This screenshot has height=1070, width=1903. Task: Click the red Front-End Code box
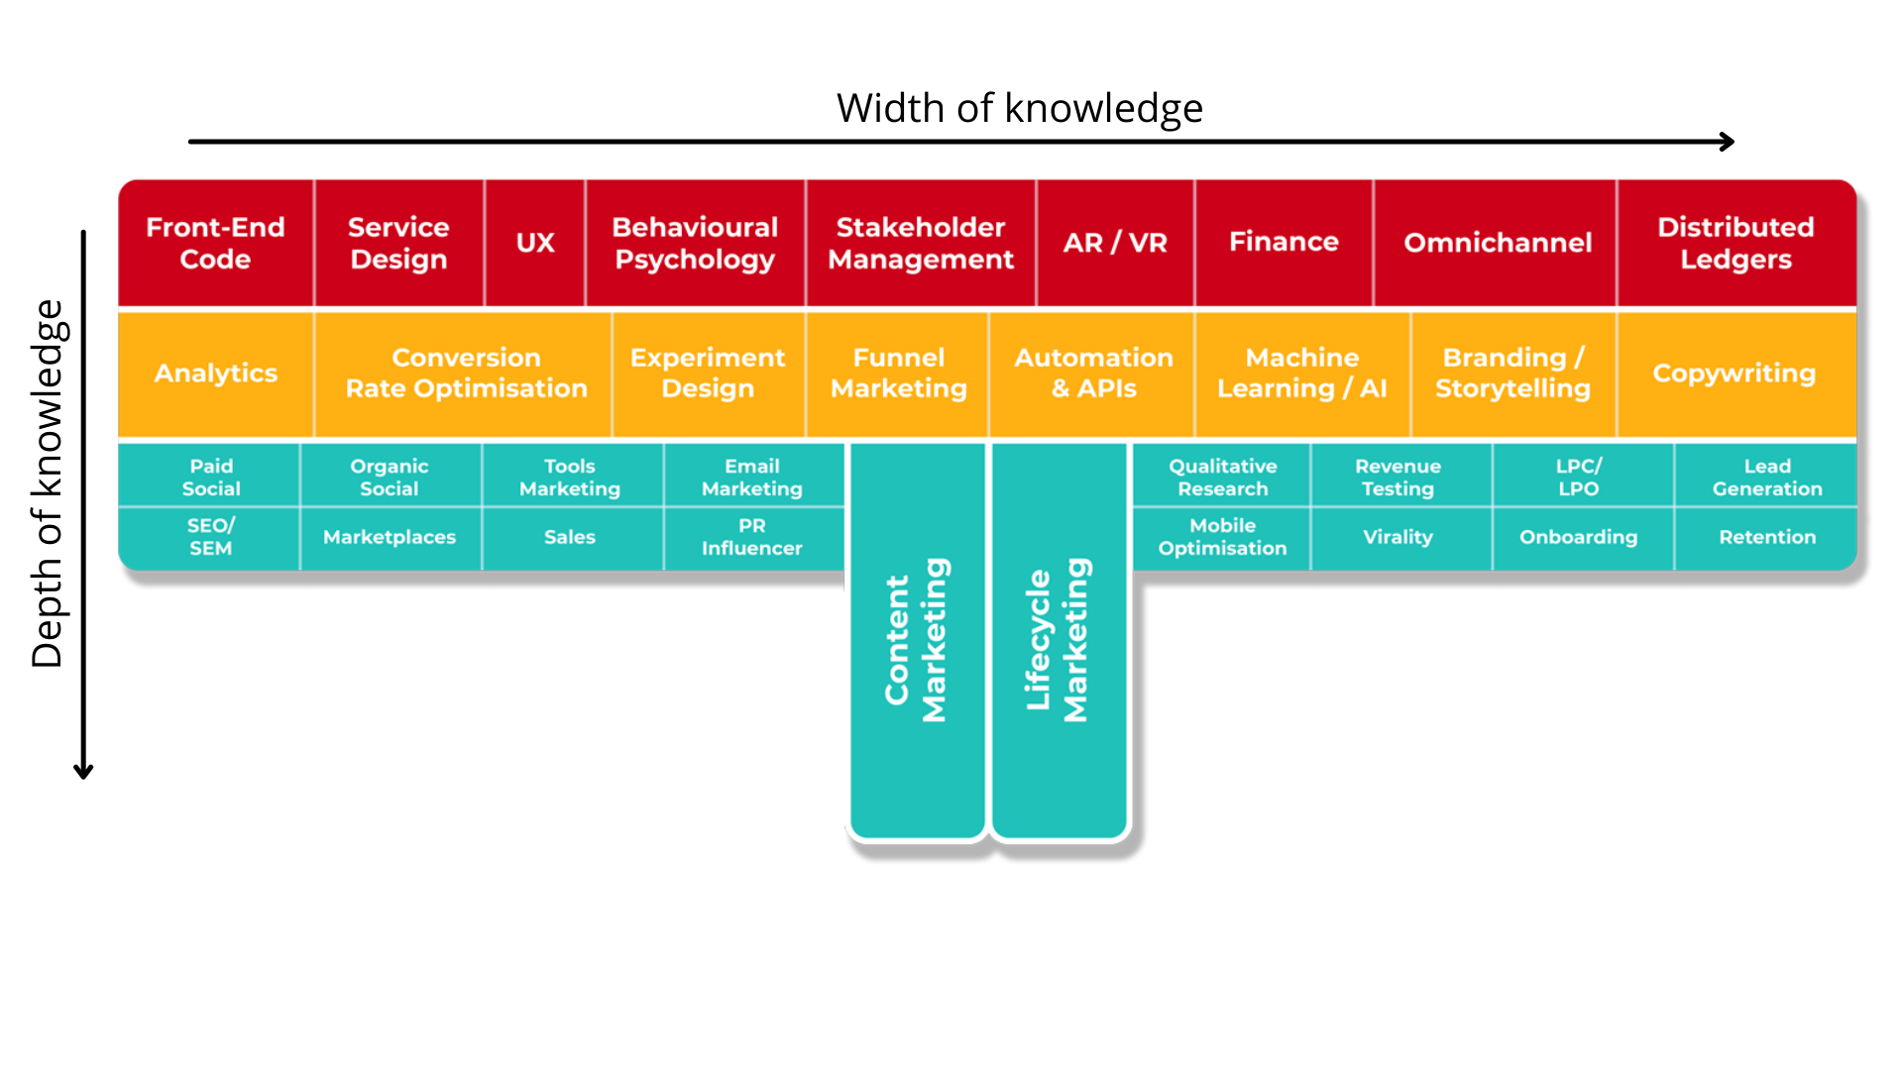215,243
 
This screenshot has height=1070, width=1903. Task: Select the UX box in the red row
535,243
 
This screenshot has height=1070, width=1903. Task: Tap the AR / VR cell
1115,243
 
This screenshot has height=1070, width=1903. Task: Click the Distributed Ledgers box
1735,243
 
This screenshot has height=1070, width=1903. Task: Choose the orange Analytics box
215,374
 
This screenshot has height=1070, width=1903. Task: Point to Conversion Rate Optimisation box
466,374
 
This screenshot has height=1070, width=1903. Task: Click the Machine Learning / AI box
1301,374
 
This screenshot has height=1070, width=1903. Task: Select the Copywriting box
1734,374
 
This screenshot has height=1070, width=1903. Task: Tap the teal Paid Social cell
211,477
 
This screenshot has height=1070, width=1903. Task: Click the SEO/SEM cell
210,537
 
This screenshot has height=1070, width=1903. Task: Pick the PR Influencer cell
751,537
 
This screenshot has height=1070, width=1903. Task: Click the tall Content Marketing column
917,640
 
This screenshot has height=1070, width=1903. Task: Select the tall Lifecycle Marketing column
1059,640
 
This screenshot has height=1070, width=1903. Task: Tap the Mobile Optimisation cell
1222,537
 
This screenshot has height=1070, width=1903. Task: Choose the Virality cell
1398,537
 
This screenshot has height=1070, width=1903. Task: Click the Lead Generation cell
1767,477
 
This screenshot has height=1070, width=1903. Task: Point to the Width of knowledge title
1019,108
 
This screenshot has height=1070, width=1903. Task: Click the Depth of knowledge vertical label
48,483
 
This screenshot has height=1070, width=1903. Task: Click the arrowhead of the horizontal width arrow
1728,142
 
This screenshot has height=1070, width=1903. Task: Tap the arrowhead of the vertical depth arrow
83,772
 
